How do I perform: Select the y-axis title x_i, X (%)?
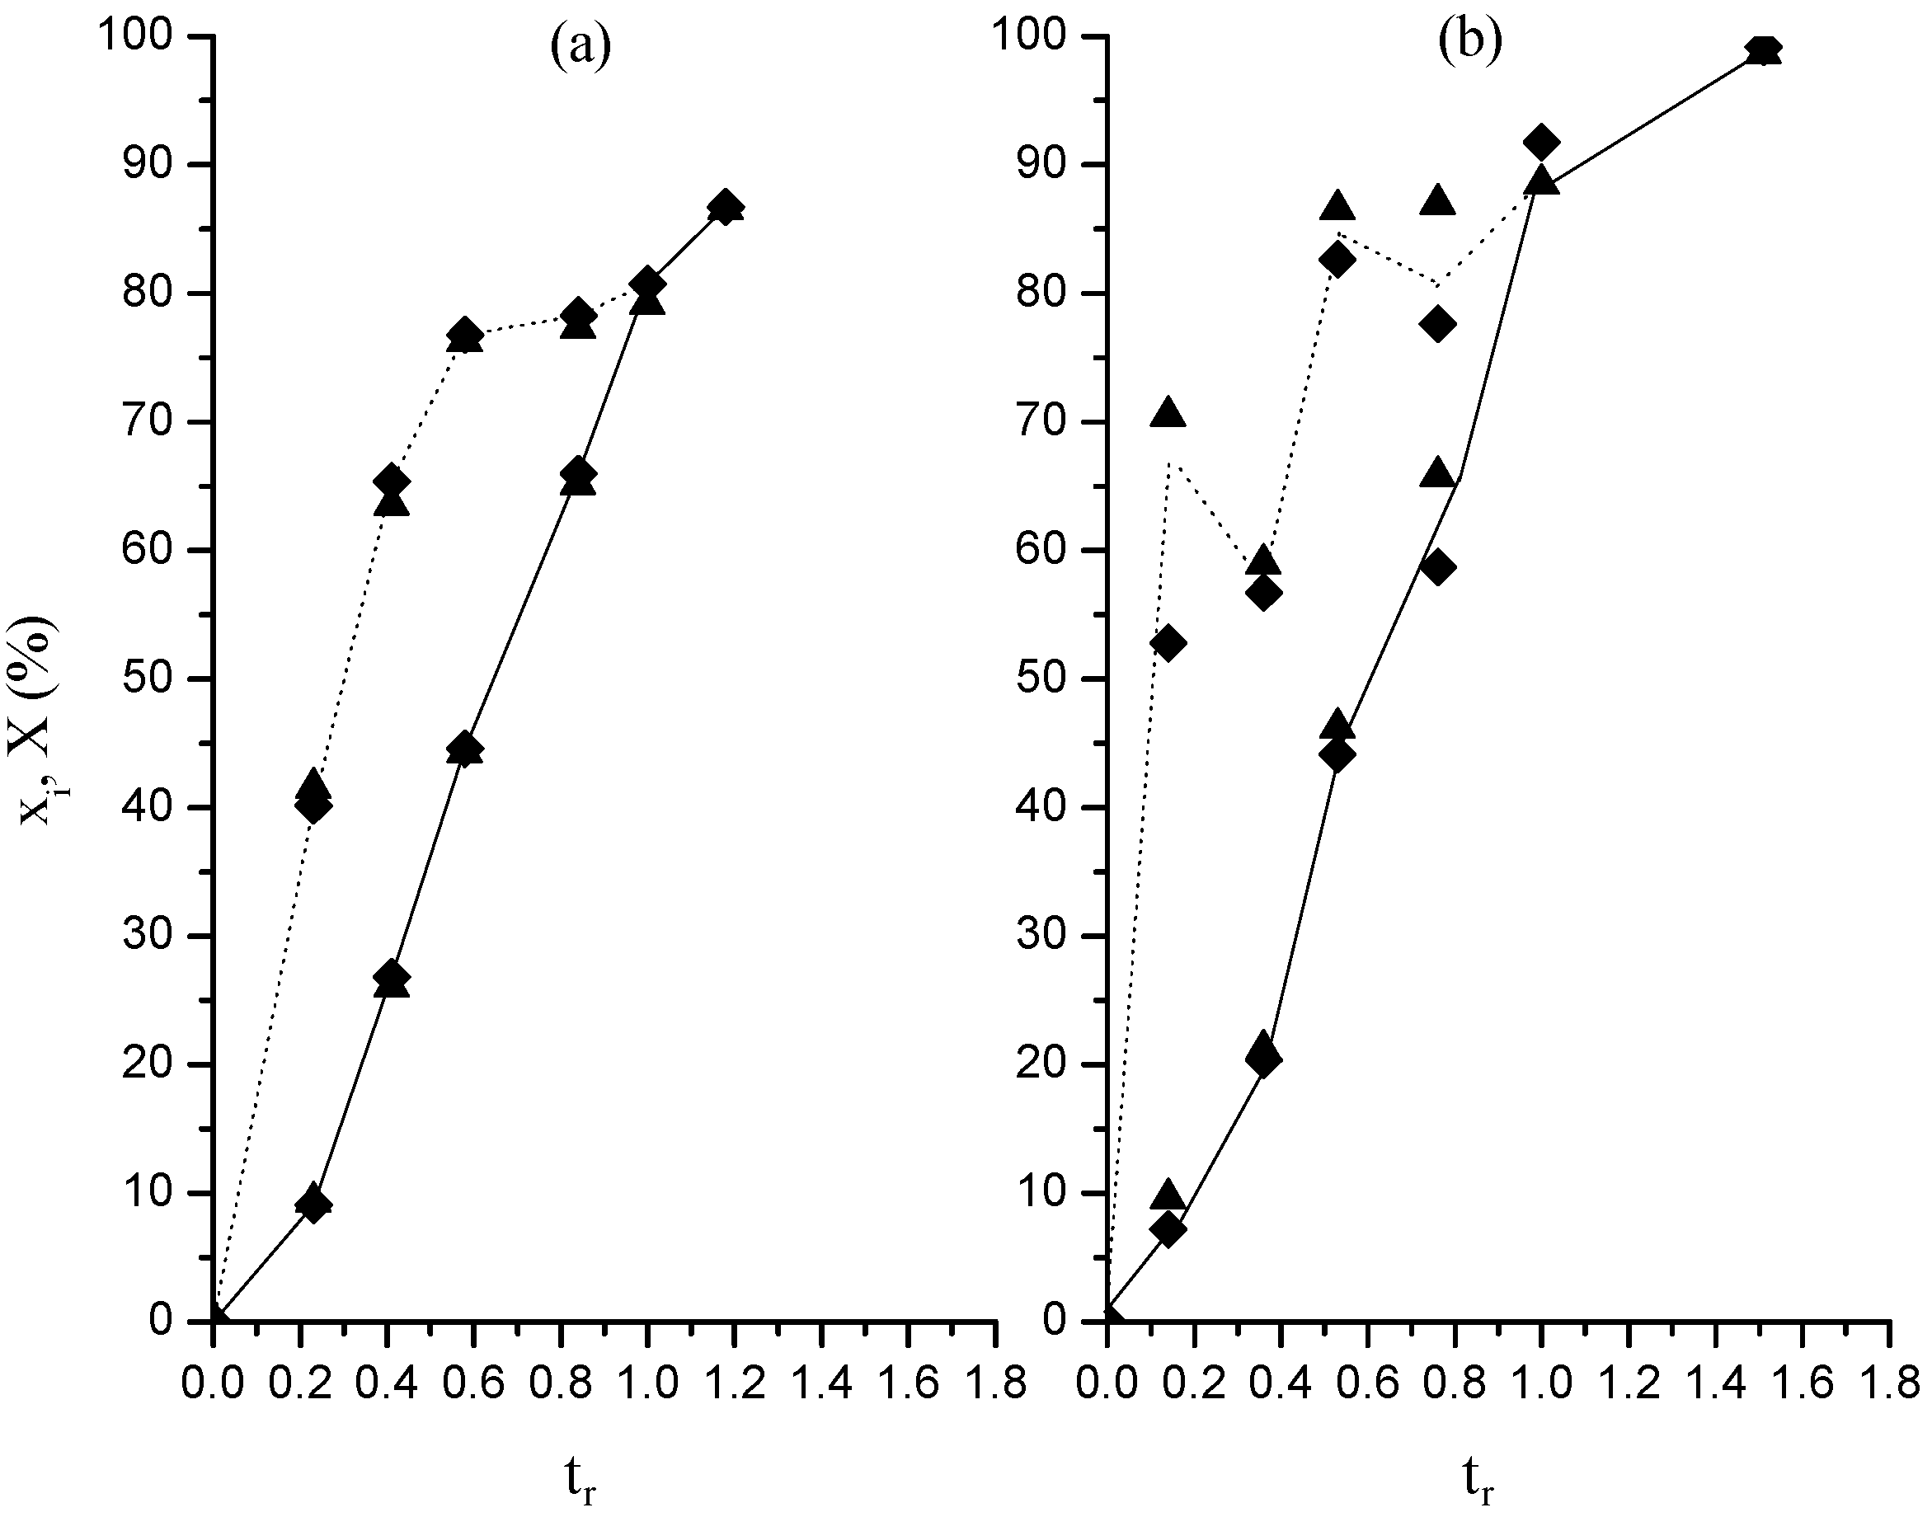[40, 722]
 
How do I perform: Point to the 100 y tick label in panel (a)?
[147, 38]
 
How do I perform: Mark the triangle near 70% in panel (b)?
[1167, 414]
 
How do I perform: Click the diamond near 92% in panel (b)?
[1541, 142]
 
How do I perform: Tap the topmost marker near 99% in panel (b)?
[1763, 50]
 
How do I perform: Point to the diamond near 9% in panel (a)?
[313, 1205]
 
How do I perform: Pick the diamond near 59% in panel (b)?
[1438, 567]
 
